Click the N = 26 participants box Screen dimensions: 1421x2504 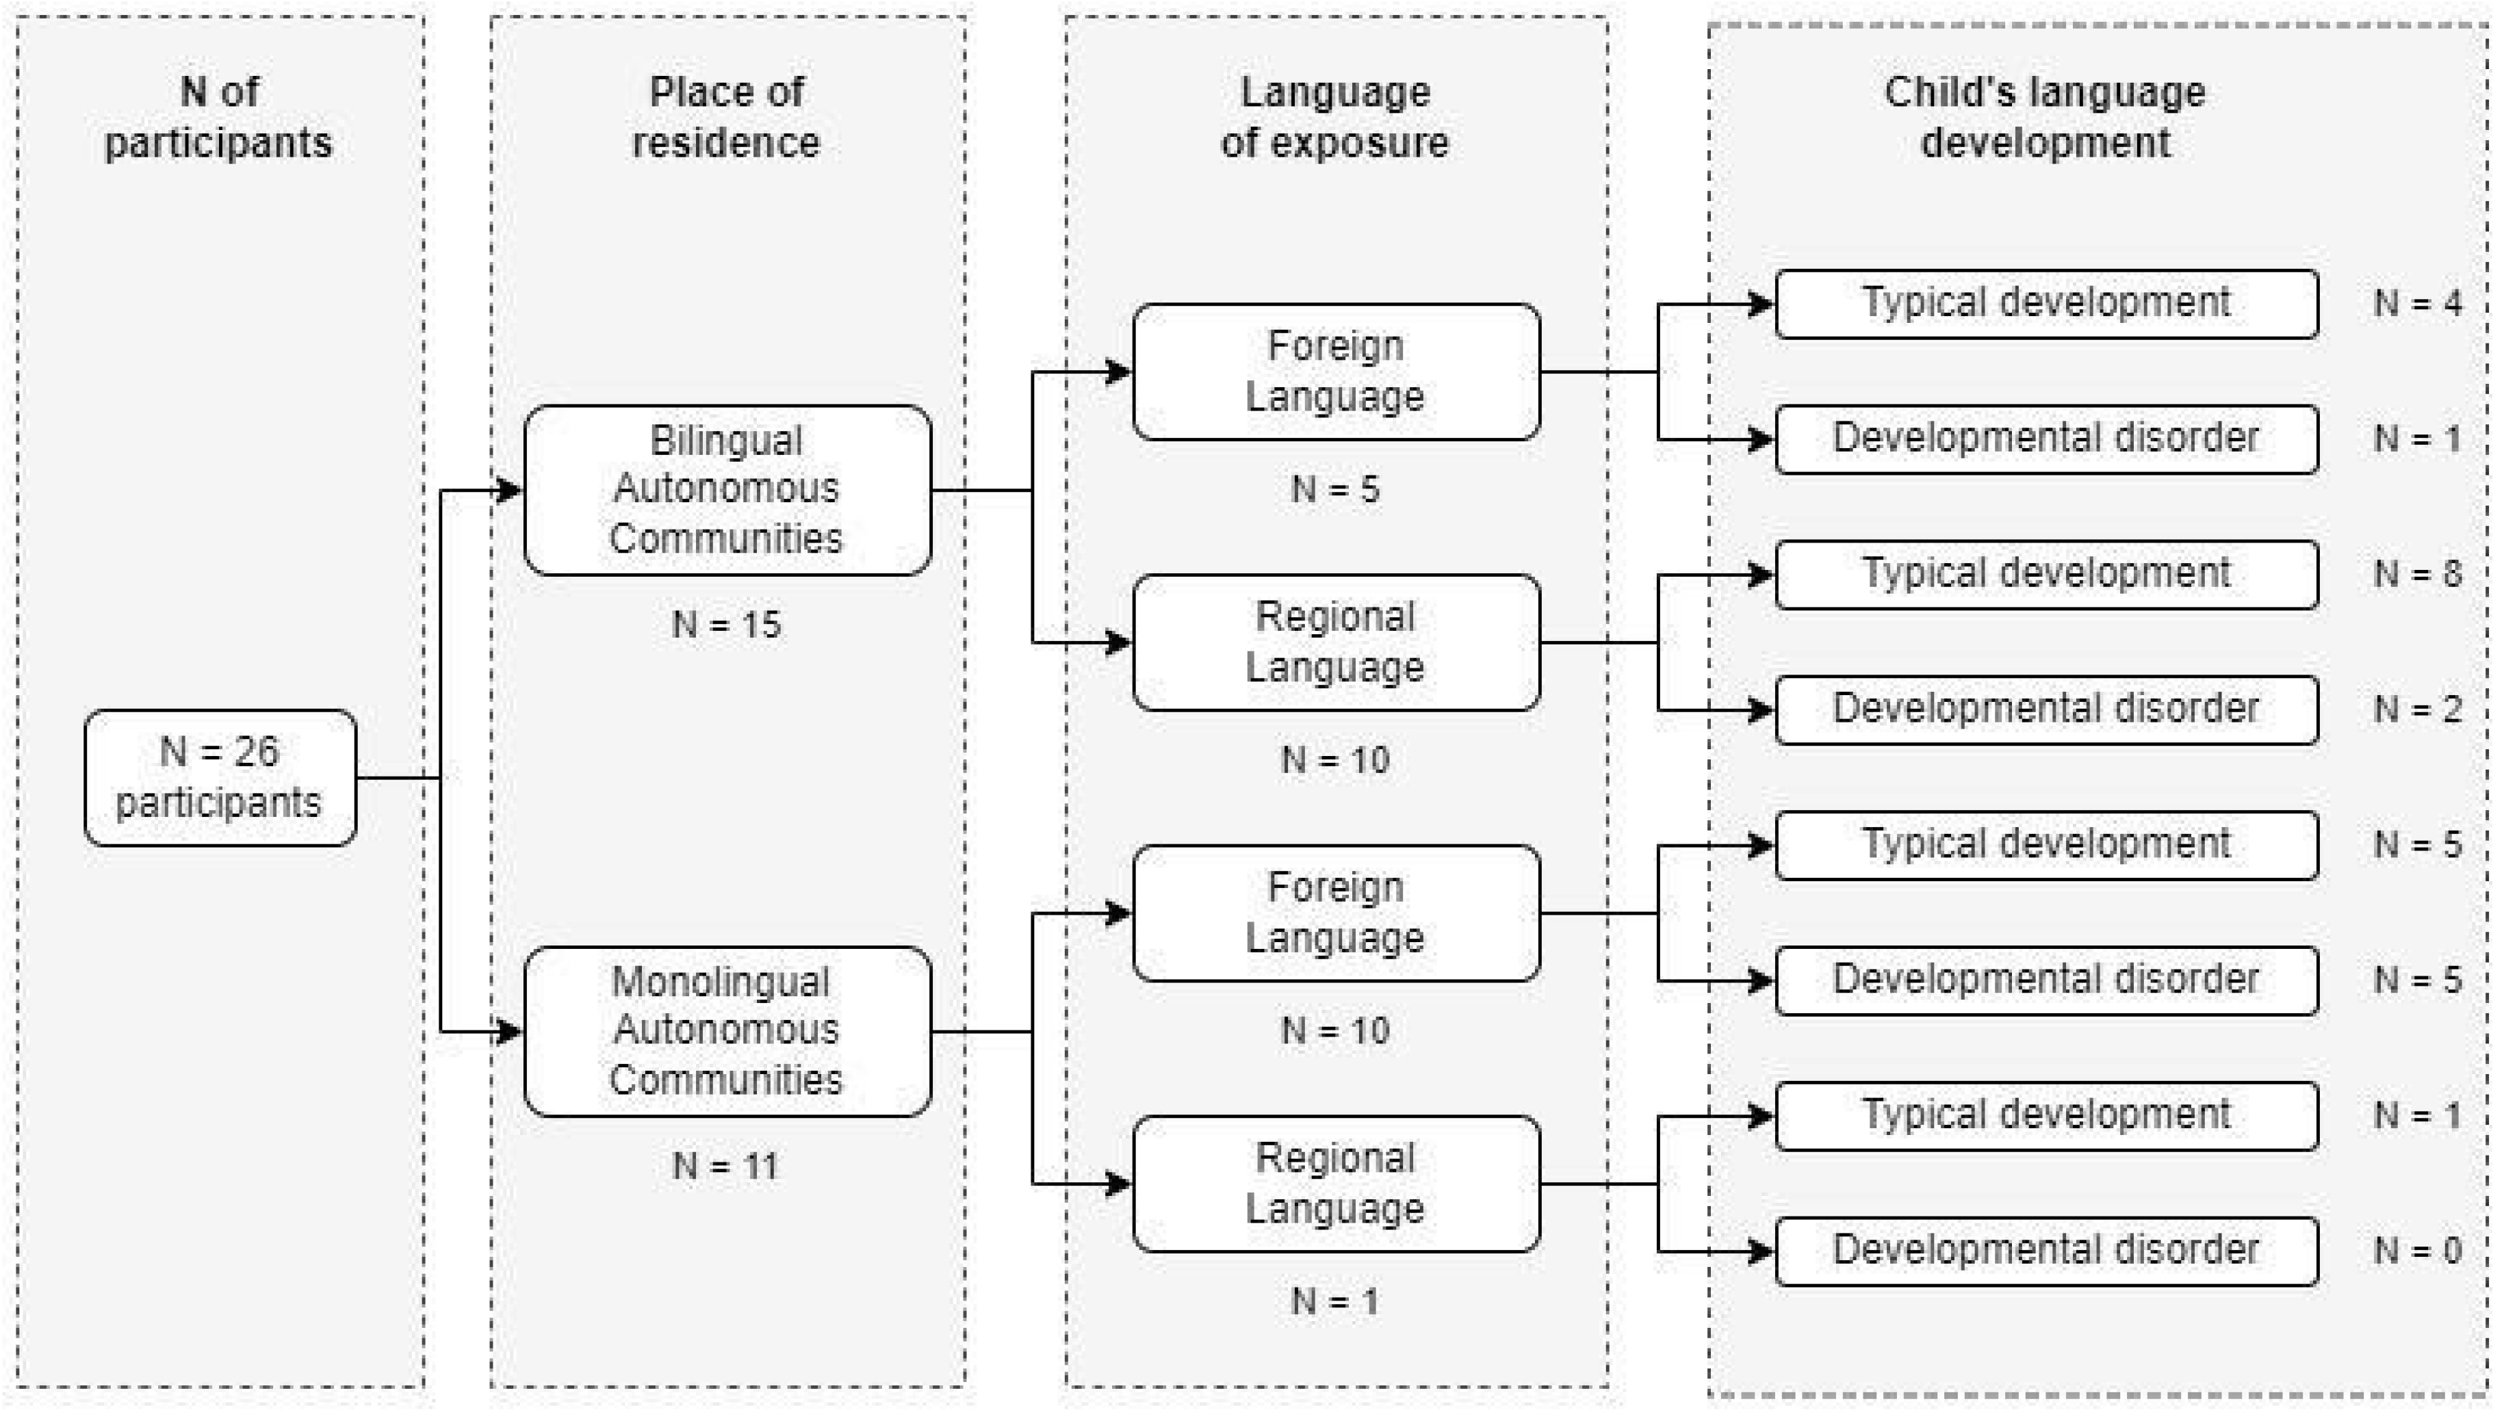tap(220, 778)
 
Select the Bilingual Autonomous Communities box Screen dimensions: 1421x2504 tap(727, 490)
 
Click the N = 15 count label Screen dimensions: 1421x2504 tap(727, 625)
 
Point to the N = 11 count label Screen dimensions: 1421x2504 tap(727, 1166)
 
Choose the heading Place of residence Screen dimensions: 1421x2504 tap(727, 117)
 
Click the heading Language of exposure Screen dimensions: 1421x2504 tap(1335, 117)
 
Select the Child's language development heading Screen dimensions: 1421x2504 tap(2045, 117)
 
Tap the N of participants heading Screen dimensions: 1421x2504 tap(220, 117)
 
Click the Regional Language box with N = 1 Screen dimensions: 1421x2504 tap(1335, 1184)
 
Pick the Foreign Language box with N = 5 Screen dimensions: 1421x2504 tap(1335, 372)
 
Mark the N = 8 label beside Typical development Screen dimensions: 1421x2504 tap(2417, 574)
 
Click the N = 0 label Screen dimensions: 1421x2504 tap(2417, 1250)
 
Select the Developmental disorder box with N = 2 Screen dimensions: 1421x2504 tap(2045, 709)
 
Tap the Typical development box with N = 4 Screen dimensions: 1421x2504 tap(2045, 304)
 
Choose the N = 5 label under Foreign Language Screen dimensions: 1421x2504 tap(1335, 489)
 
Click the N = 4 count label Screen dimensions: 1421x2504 tap(2417, 304)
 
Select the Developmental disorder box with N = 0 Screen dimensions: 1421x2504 tap(2045, 1250)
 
